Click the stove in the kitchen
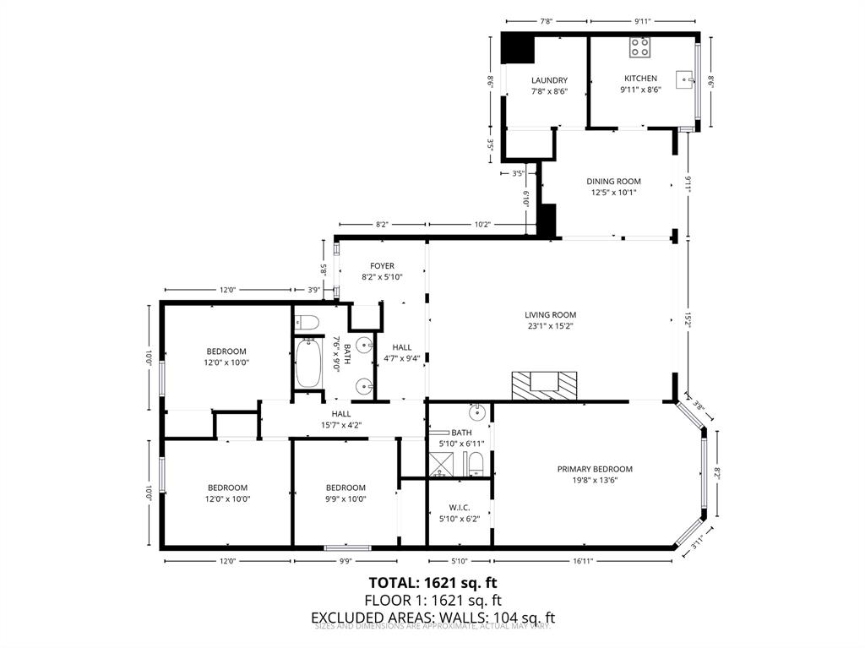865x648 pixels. (639, 47)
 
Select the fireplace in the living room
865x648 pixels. (545, 384)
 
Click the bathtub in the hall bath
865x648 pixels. (307, 363)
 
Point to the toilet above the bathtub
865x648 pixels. (306, 321)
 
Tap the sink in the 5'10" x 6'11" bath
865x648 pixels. (477, 412)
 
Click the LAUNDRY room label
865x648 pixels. (549, 80)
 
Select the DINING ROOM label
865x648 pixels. (613, 181)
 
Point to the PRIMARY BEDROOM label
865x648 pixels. (595, 469)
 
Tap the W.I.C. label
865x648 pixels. (460, 507)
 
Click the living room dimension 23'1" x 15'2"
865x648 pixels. (550, 325)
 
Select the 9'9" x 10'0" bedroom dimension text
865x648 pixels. (345, 498)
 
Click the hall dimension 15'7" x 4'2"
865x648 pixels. (340, 425)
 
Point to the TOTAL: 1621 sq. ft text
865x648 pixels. (432, 582)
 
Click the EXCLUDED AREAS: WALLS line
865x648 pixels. (432, 618)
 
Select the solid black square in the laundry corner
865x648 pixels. (517, 47)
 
